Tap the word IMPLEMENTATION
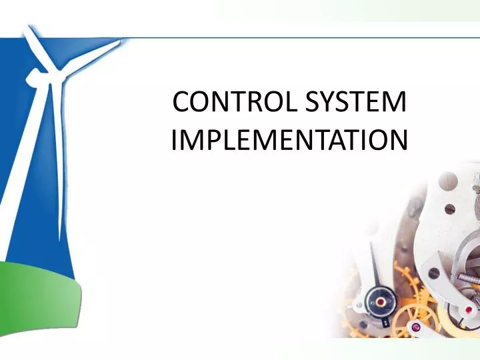(289, 141)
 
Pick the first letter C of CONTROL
(180, 104)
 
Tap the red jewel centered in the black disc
(381, 301)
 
